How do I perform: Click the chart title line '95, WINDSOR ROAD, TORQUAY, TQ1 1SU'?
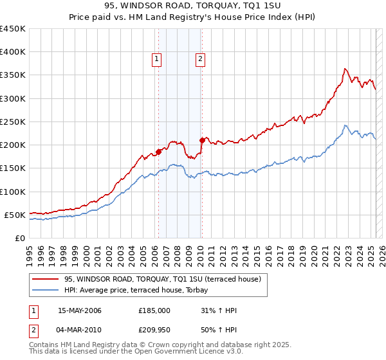[x=192, y=6]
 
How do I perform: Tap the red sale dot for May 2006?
[x=158, y=152]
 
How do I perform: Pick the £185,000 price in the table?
[x=154, y=310]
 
